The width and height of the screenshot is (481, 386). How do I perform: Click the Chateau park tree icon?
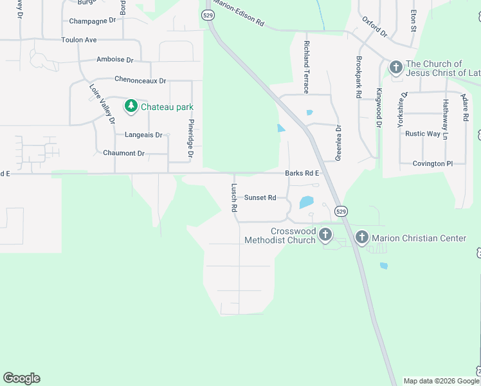tap(131, 106)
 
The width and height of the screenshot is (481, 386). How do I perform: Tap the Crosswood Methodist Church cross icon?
tap(325, 235)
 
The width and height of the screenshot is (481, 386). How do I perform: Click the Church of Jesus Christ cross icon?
tap(395, 66)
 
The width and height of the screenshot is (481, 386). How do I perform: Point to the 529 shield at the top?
tap(207, 15)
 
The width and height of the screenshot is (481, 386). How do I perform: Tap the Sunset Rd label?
tap(260, 198)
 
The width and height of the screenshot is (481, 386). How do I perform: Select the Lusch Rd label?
tap(234, 198)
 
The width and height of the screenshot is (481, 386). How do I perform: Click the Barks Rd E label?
tap(302, 173)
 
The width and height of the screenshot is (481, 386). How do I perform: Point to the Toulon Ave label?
tap(79, 40)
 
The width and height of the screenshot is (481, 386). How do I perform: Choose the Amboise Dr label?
tap(114, 60)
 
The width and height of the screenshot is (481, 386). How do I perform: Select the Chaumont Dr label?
tap(123, 153)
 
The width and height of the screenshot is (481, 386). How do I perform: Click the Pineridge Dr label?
tap(190, 138)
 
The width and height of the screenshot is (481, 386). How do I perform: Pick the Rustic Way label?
tap(422, 134)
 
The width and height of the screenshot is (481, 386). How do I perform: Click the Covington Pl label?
tap(433, 164)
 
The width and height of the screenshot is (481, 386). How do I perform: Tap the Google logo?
tap(21, 378)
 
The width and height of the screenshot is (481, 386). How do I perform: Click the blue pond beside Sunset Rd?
tap(305, 203)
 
